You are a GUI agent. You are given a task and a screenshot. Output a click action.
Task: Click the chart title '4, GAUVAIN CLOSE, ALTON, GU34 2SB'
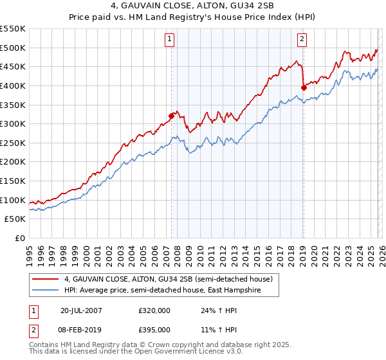(192, 7)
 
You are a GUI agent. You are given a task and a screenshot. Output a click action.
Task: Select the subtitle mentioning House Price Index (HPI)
(192, 18)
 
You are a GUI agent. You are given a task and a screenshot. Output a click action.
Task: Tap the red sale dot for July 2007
(172, 116)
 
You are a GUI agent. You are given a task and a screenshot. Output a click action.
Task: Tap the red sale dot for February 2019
(303, 87)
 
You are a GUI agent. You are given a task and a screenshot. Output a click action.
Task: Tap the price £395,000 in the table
(154, 329)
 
